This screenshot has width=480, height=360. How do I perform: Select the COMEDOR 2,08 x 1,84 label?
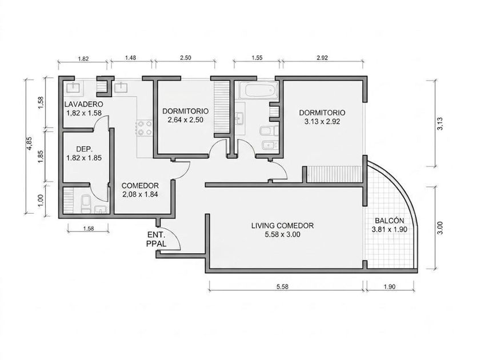140,190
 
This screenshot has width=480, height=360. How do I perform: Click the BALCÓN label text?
389,221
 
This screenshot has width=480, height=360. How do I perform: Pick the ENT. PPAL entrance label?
157,239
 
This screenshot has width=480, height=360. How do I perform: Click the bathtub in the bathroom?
258,90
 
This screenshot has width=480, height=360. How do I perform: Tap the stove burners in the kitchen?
144,128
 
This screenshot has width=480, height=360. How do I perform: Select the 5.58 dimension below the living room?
282,287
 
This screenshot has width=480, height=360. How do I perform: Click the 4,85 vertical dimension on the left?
29,143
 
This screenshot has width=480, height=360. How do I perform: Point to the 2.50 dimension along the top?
186,58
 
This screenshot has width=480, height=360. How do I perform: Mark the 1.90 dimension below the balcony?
389,287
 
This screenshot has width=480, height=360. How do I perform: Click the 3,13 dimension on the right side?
440,123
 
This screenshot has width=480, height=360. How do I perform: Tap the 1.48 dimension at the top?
131,58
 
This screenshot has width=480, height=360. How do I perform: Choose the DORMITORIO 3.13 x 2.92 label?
322,117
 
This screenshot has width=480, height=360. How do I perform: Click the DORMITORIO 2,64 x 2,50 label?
186,115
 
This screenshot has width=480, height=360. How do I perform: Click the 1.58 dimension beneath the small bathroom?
88,229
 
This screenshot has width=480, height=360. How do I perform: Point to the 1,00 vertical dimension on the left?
41,201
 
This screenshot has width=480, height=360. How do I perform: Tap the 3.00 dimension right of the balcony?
440,228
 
